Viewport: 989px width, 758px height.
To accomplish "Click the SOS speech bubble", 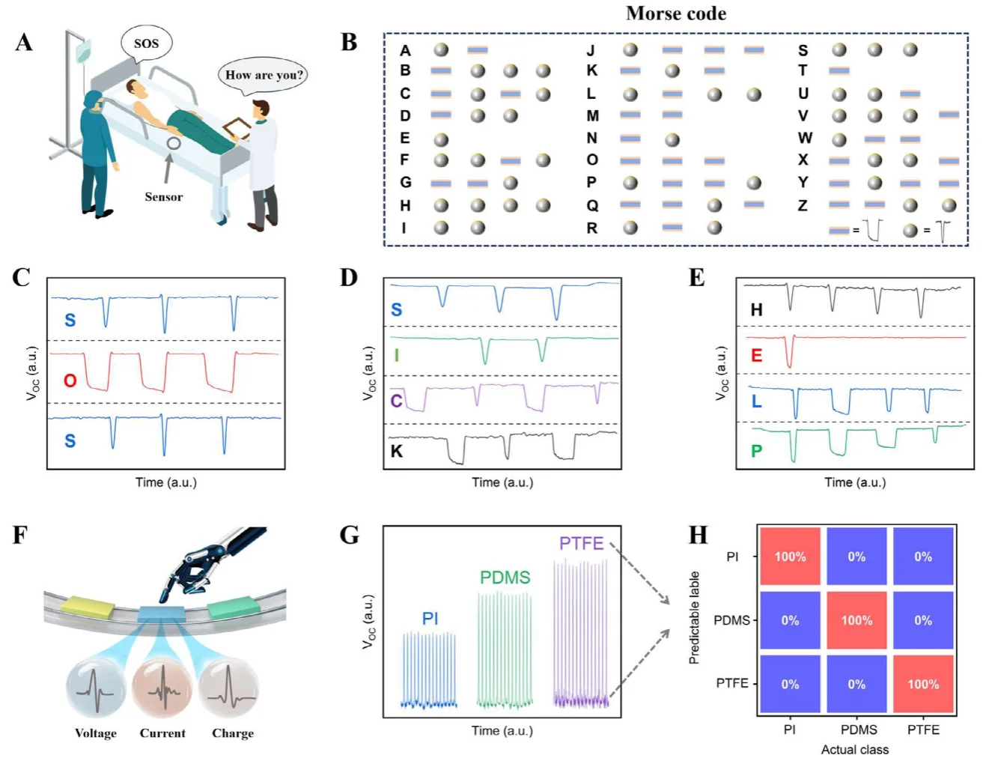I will (146, 43).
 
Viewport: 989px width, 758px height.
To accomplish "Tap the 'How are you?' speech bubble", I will (264, 75).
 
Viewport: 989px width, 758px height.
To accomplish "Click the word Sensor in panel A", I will (163, 197).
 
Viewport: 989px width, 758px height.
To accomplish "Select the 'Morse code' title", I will (675, 13).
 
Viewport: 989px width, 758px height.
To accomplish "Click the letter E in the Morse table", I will (405, 139).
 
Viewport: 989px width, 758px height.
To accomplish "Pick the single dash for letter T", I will (839, 71).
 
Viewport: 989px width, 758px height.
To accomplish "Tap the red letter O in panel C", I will (70, 380).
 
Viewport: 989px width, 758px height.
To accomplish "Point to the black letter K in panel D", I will (397, 451).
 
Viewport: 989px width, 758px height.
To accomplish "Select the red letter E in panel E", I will (756, 355).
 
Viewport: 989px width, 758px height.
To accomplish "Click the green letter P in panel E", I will (756, 451).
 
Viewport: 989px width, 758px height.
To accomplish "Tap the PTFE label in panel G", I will (581, 544).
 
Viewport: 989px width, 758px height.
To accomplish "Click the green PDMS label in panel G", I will (505, 577).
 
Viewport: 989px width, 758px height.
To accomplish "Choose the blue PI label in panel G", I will (430, 619).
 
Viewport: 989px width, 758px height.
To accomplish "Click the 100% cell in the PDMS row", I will (856, 620).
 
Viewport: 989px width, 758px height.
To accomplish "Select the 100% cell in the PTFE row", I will (922, 684).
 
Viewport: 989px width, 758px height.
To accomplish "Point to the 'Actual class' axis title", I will (854, 750).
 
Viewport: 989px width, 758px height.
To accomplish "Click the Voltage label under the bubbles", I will (96, 733).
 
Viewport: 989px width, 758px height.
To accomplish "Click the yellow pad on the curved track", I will (87, 606).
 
